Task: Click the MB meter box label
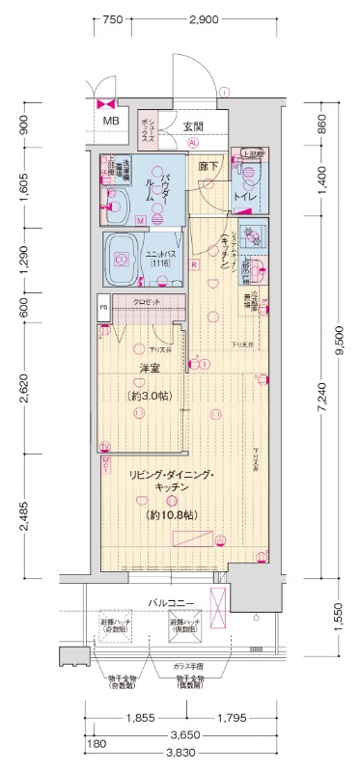[112, 122]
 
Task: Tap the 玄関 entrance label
[192, 126]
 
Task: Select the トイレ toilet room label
[244, 198]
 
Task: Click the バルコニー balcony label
[172, 603]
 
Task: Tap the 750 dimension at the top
[113, 19]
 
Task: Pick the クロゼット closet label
[148, 302]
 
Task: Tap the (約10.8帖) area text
[173, 515]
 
